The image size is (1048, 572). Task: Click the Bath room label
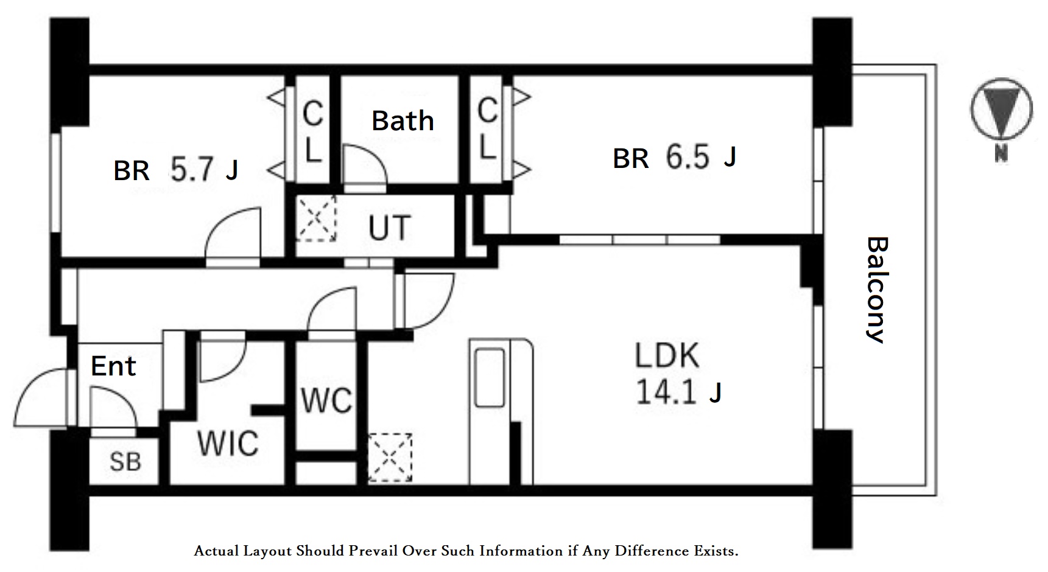tap(403, 120)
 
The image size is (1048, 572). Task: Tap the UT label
tap(390, 228)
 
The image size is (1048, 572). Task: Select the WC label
tap(327, 400)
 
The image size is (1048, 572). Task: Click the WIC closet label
tap(228, 443)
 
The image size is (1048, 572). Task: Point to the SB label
tap(125, 461)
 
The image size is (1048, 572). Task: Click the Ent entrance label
tap(113, 366)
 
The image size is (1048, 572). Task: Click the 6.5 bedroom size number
tap(688, 157)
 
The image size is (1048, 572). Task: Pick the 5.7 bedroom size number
tap(192, 170)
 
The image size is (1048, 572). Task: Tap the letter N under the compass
tap(1001, 154)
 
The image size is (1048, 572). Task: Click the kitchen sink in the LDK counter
tap(490, 377)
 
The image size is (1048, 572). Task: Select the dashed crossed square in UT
tap(316, 218)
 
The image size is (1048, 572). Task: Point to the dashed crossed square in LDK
tap(390, 457)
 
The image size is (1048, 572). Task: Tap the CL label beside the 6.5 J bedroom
tap(487, 130)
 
